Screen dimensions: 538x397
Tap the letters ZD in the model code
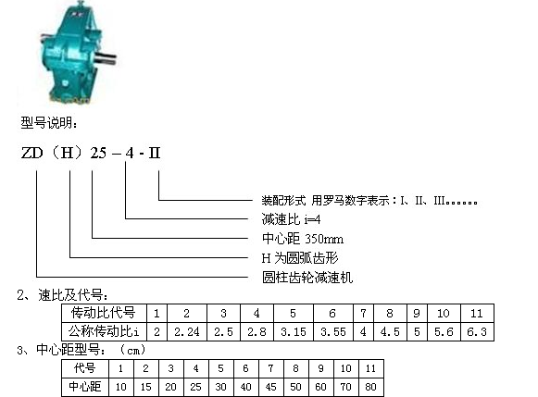pos(31,153)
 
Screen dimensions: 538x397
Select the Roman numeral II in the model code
pos(155,153)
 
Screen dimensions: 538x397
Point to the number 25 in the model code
pos(98,153)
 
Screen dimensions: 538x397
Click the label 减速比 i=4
pos(291,219)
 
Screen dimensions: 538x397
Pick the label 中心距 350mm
pos(302,239)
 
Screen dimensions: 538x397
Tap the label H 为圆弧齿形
pos(300,258)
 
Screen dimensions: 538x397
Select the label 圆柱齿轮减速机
pos(307,278)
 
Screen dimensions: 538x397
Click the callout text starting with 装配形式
pos(369,200)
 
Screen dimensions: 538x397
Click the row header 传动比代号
pos(104,313)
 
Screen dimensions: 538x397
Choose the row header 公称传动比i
pos(104,331)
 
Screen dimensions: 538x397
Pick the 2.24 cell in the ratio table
pos(187,331)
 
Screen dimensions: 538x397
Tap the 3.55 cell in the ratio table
pos(333,331)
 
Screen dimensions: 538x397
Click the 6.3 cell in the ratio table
pos(477,331)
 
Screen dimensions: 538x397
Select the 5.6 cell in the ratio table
pos(444,331)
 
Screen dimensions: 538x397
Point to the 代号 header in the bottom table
pos(85,368)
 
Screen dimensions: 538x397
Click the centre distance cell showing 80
pos(371,387)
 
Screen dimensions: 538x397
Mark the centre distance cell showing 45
pos(270,387)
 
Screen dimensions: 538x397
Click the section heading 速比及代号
pos(73,295)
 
